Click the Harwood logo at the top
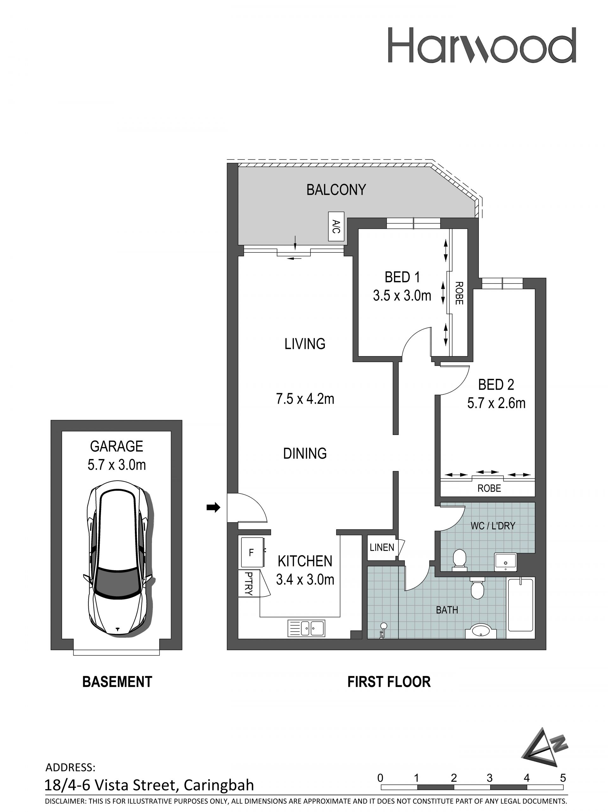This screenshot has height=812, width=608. (481, 45)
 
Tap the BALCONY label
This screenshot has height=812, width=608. (336, 190)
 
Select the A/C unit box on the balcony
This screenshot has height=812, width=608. (336, 227)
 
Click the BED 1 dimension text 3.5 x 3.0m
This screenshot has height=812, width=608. (402, 296)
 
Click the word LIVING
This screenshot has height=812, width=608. (305, 344)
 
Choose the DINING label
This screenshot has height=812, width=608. (305, 453)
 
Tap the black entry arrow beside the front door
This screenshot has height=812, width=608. (213, 508)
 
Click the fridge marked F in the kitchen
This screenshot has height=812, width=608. (252, 553)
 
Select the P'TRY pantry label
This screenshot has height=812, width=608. (248, 583)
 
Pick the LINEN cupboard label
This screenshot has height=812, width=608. (382, 548)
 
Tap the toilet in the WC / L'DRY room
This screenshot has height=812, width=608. (459, 560)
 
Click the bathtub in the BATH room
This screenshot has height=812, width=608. (520, 604)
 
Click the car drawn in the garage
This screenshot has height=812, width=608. (117, 558)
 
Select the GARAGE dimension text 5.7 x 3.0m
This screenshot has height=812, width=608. (117, 465)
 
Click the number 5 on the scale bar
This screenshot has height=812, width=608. (563, 778)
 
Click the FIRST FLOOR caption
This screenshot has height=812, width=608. (389, 682)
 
